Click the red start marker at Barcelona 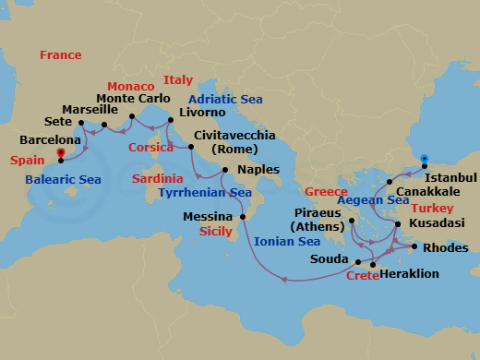pyautogui.click(x=61, y=154)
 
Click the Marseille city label pyautogui.click(x=90, y=109)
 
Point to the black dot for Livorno pyautogui.click(x=169, y=119)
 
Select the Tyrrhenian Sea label pyautogui.click(x=205, y=193)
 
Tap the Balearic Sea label pyautogui.click(x=64, y=179)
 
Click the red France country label pyautogui.click(x=60, y=55)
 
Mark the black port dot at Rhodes pyautogui.click(x=414, y=247)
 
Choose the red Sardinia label pyautogui.click(x=157, y=177)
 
